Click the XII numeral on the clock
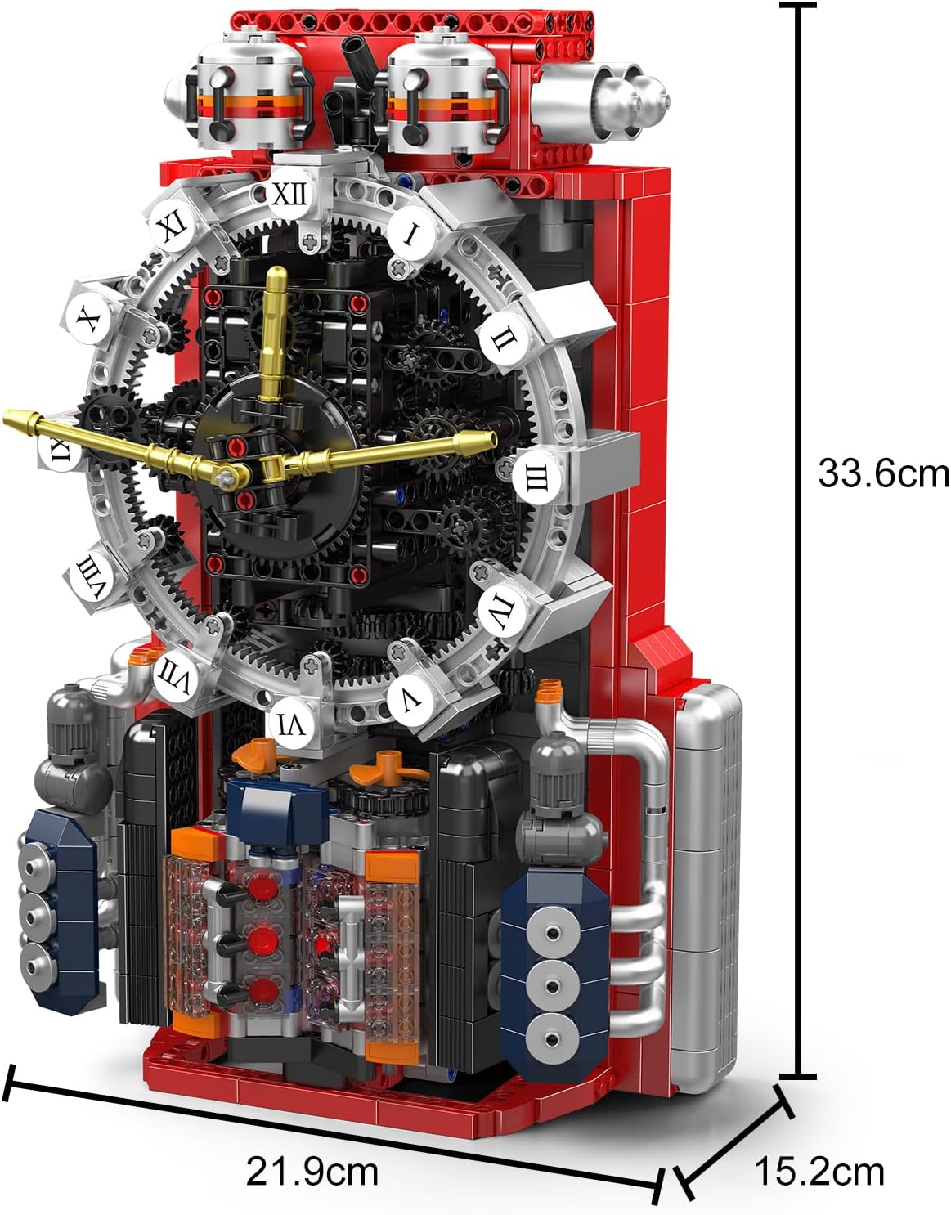291,195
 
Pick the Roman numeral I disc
411,234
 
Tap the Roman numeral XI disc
172,228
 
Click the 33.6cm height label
883,473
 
